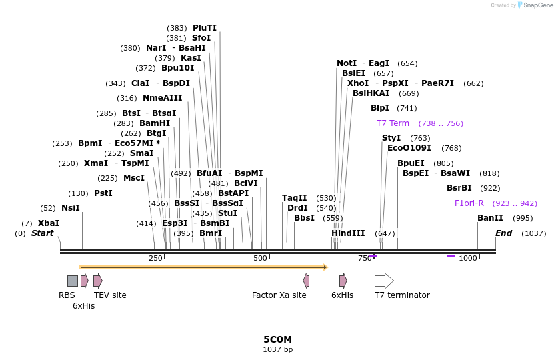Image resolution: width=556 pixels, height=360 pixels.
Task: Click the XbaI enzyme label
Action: [48, 223]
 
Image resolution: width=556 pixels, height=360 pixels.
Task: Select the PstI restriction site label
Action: [103, 193]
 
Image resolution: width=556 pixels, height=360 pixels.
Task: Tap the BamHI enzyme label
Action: [155, 123]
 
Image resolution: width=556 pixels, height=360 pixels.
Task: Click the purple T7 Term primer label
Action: [393, 123]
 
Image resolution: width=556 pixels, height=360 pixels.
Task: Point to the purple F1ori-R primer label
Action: [469, 203]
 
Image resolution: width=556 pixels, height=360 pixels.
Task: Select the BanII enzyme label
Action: [490, 218]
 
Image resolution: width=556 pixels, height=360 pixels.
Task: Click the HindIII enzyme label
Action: [348, 233]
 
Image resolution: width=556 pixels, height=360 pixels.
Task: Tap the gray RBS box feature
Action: [73, 281]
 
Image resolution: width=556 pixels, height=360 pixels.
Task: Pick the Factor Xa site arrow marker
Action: [306, 281]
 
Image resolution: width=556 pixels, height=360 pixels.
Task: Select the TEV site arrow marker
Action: [97, 281]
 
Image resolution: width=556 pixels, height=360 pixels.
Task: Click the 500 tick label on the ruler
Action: [260, 258]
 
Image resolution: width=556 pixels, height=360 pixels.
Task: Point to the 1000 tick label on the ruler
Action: [468, 258]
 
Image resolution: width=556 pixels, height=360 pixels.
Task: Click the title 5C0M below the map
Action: [277, 339]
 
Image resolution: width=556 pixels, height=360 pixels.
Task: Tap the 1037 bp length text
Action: [277, 349]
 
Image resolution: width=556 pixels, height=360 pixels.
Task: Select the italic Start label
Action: [42, 233]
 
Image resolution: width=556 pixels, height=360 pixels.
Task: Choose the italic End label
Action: [503, 233]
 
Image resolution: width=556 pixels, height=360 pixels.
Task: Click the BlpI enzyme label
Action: [380, 108]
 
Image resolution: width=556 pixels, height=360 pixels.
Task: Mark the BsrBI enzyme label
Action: [459, 188]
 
